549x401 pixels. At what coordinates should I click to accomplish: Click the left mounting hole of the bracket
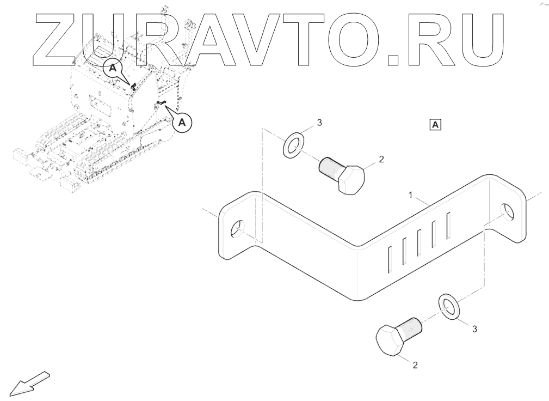coord(238,229)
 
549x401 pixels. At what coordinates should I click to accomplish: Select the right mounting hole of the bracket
coord(507,211)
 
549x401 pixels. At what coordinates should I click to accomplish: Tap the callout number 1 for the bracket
coord(412,194)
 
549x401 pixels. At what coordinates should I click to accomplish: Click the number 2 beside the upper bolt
coord(381,159)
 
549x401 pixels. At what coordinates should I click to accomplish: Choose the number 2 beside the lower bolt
coord(415,365)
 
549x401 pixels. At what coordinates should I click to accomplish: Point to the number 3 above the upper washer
coord(319,123)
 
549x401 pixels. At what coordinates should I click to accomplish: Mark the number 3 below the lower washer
coord(474,329)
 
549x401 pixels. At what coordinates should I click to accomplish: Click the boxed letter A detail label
coord(435,125)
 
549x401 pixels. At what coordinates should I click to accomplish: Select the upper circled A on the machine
coord(113,68)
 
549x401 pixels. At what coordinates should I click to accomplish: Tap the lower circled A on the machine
coord(182,123)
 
